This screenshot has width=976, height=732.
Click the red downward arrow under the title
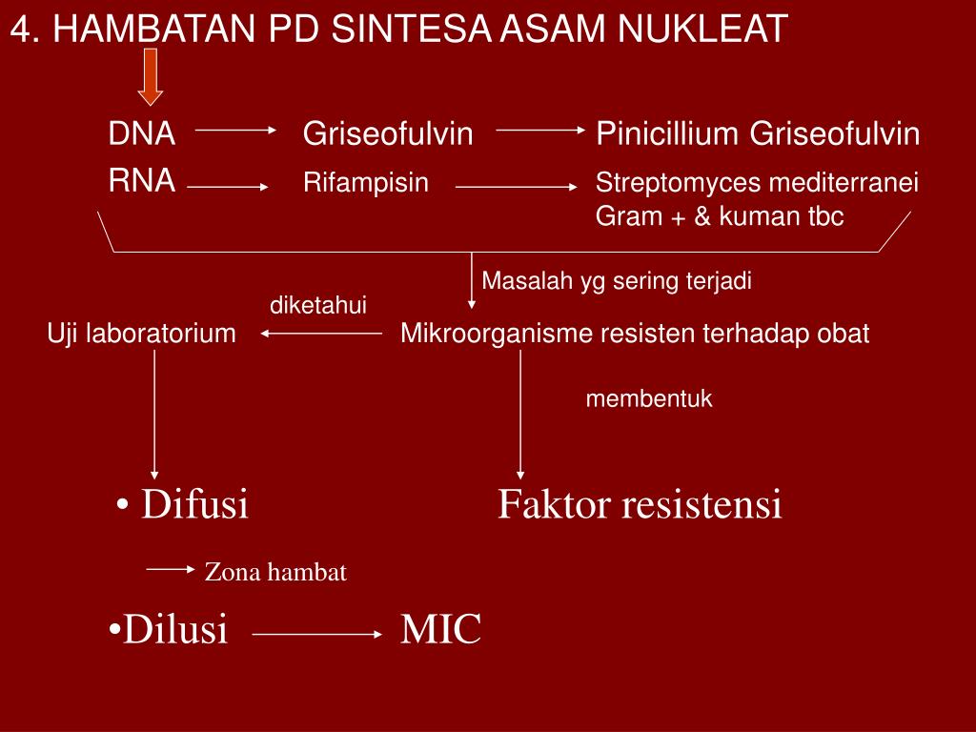point(151,77)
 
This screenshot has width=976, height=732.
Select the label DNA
point(141,133)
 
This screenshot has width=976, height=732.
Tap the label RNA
point(141,180)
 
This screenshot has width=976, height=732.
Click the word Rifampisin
point(366,183)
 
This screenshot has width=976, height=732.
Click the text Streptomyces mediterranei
point(757,183)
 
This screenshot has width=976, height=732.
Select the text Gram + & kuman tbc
point(720,216)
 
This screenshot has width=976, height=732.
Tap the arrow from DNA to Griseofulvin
point(236,130)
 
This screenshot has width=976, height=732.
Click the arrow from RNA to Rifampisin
point(228,187)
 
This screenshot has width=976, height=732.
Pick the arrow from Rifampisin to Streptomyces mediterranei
point(517,187)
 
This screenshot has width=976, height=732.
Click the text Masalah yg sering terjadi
point(617,281)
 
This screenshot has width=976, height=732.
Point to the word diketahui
point(318,305)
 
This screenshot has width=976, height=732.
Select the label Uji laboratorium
point(142,333)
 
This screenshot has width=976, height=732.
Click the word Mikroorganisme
point(496,333)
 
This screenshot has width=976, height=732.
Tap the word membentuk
point(648,398)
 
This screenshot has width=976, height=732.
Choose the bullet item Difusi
point(182,503)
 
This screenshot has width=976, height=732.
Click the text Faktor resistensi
point(640,503)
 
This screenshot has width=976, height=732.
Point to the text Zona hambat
point(275,572)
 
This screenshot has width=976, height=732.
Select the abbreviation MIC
point(440,629)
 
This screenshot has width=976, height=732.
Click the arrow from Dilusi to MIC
point(317,634)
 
